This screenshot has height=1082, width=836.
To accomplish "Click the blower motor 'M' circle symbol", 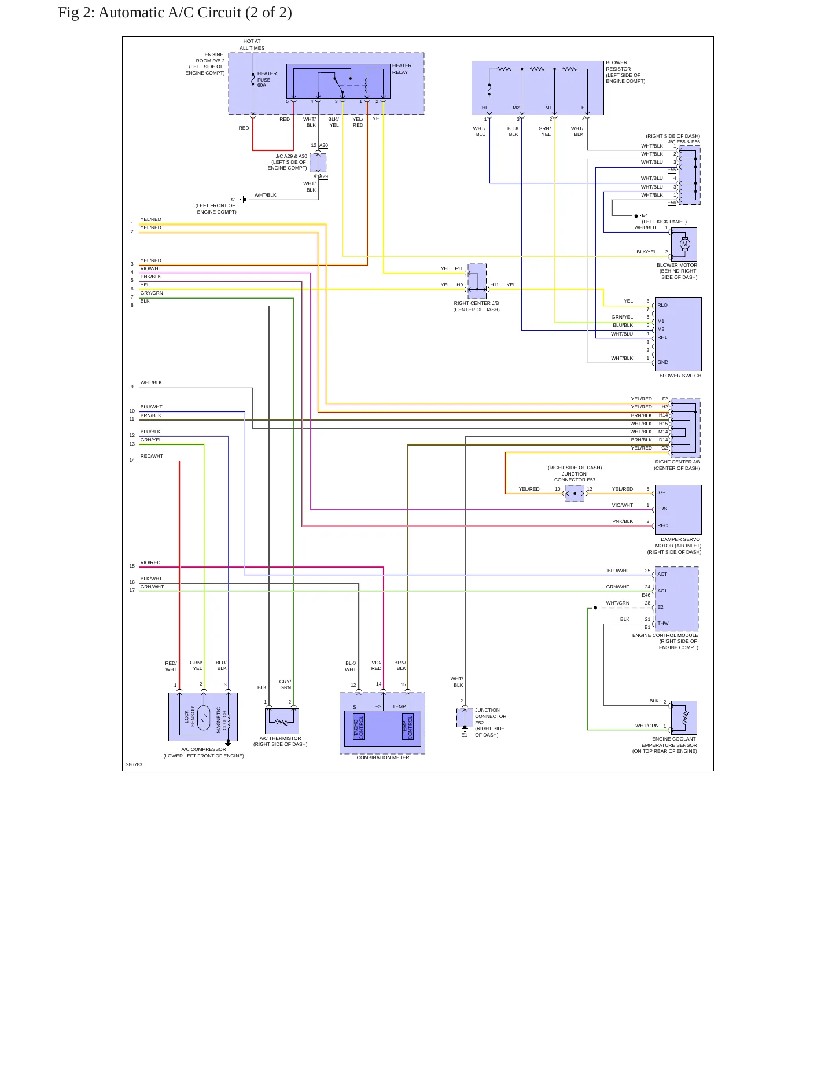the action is [685, 244].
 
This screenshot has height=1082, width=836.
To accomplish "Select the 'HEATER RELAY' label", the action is [402, 69].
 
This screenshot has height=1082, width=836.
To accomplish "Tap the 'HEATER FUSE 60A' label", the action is [267, 79].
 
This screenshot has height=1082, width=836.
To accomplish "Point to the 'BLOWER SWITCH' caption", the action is [680, 376].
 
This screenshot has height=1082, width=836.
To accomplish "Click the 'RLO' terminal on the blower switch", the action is [662, 305].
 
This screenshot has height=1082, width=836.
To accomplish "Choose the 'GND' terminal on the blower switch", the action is [662, 362].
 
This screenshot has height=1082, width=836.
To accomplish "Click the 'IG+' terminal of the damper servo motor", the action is [661, 492].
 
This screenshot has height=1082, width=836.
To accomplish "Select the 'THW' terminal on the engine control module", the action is [662, 623].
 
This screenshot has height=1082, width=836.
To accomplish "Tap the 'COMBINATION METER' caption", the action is [382, 757].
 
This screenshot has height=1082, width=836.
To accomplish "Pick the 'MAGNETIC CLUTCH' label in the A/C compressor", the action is [222, 720].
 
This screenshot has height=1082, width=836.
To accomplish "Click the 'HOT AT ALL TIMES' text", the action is [252, 45].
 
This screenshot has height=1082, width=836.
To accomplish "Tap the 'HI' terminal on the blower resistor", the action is [484, 108].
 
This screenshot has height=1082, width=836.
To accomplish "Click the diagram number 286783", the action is [134, 764].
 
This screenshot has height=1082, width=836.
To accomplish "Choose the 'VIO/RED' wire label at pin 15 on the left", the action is [150, 562].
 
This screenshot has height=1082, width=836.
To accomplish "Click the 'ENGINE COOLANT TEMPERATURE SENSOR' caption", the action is [667, 745].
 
